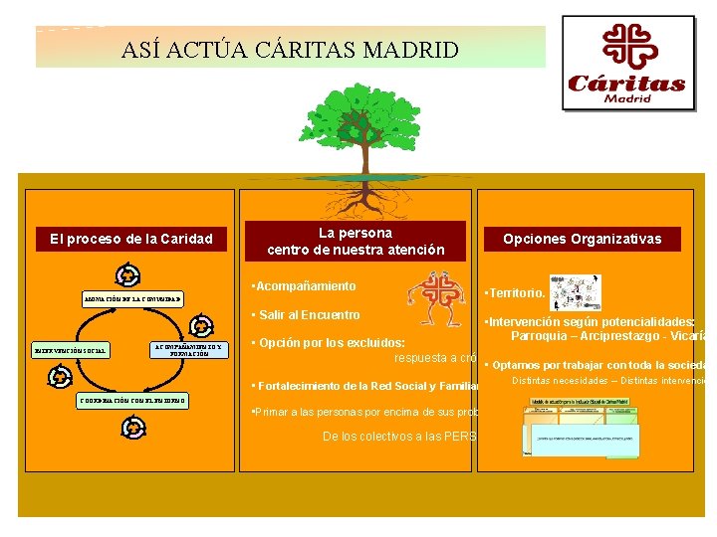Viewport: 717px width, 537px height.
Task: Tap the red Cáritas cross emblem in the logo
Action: click(x=626, y=47)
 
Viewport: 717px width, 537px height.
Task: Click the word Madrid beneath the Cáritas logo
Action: click(x=626, y=99)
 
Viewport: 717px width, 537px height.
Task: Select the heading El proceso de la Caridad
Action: click(x=131, y=239)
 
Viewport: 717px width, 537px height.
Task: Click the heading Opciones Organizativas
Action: click(x=582, y=239)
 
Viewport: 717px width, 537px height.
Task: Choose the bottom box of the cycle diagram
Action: click(x=131, y=401)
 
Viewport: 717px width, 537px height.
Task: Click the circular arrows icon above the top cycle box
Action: click(x=127, y=275)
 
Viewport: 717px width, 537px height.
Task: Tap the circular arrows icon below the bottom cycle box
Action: click(x=132, y=429)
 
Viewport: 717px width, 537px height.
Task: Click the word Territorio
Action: click(x=516, y=294)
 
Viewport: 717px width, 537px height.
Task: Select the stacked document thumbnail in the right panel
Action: click(x=583, y=428)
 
